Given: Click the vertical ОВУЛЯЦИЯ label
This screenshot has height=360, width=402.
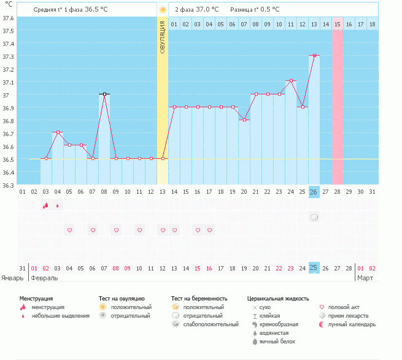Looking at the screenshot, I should tap(163, 36).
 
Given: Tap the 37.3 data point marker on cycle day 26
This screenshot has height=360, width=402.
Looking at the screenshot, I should tap(314, 56).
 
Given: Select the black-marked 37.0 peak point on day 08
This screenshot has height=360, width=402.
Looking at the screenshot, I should tap(104, 94).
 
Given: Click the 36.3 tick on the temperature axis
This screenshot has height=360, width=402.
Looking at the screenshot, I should tap(9, 185).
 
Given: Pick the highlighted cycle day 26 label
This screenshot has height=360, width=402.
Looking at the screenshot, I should tap(314, 192).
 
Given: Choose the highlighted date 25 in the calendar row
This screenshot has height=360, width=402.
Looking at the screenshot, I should tap(314, 268).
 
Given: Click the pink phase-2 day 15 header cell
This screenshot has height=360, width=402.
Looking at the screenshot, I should tap(337, 25).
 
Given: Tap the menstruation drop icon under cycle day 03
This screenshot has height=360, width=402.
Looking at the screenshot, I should tap(45, 205).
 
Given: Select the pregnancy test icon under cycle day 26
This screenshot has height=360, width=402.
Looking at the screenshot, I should tap(314, 218).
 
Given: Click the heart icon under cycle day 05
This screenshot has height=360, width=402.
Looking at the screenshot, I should tap(69, 231).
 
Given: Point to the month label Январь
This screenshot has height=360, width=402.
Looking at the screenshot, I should tap(12, 278).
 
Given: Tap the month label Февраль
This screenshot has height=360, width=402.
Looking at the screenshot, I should tap(44, 278).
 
